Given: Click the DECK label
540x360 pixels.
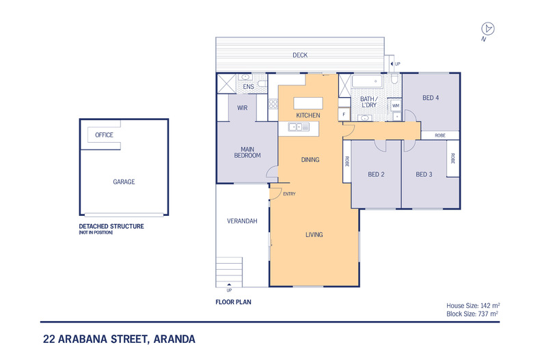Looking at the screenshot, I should coord(299,55).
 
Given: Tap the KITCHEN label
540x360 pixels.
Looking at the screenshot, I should coord(308,115).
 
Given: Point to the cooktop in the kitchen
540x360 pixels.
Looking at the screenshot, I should coord(273,105).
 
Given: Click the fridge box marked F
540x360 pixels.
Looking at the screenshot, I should coord(344,113).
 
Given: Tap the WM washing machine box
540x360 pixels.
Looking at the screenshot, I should coord(395,106).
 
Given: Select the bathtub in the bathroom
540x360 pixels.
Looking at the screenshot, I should coord(370,83).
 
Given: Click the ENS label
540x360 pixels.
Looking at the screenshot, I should coord(248,87).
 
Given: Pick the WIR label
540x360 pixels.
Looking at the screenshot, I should coord(242,108).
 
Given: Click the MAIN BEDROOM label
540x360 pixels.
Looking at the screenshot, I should coord(247,152).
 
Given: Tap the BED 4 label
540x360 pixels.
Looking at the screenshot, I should coord(431,98).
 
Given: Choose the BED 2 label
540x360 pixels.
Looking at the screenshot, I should coord(376,174).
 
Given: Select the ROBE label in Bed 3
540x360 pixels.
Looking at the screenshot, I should coord(453,158).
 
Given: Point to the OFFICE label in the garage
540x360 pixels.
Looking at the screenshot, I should coord(105,135).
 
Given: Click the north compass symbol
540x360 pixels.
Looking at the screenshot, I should coord(487,29).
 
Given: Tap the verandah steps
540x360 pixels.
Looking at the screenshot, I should coord(229,271).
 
